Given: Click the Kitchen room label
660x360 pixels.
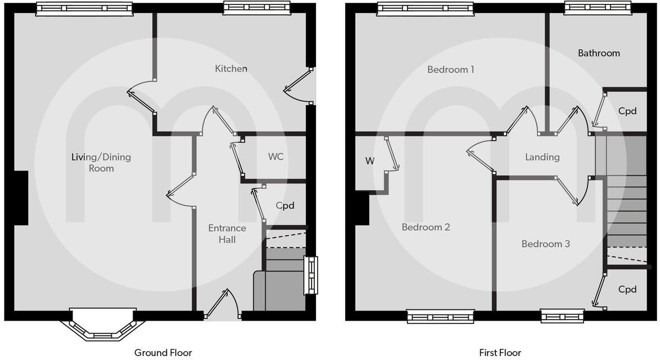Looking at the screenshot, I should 231,69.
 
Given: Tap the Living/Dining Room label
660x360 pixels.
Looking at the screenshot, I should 101,163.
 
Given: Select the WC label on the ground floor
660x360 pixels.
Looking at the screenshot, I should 275,157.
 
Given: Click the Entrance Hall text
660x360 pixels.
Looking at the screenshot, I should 227,234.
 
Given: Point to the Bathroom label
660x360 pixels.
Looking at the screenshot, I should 599,53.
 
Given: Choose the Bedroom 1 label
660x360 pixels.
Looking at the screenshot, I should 450,70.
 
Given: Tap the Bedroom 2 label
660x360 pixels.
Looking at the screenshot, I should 426,227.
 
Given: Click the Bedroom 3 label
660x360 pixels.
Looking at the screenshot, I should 545,244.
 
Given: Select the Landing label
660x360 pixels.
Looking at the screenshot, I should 542,157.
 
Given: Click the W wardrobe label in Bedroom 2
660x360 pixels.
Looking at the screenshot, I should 369,161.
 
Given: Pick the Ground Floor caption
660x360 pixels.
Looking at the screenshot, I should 163,353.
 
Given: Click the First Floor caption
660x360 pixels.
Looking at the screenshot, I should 500,353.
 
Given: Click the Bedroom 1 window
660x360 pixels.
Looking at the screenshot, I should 426,8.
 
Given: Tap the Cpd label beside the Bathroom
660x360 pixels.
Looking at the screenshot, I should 627,111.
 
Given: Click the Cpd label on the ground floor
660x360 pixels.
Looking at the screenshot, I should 285,206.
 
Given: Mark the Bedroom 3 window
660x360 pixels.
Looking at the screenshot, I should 563,317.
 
